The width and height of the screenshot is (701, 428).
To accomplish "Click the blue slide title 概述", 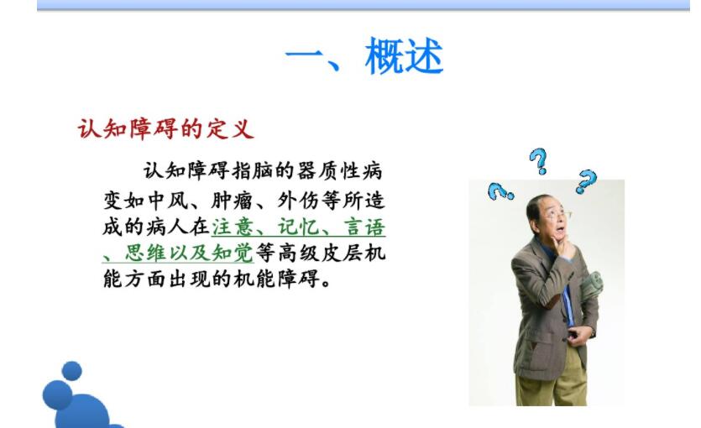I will coord(404,58).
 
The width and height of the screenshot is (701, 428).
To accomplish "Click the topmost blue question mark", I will coord(538,159).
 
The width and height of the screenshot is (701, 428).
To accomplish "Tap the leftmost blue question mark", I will coord(500,192).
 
